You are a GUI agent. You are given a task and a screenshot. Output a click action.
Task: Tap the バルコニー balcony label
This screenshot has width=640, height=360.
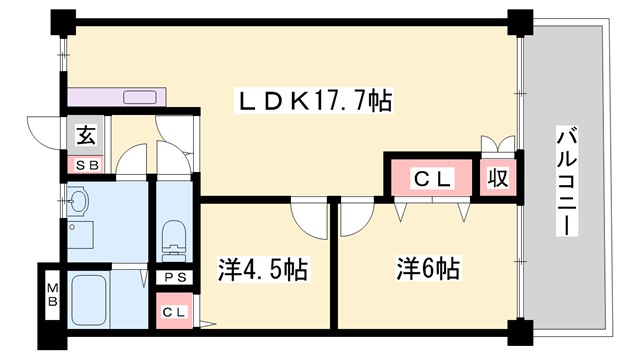pyautogui.click(x=566, y=181)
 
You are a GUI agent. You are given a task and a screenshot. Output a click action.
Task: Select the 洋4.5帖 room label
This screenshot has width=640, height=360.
pyautogui.click(x=262, y=269)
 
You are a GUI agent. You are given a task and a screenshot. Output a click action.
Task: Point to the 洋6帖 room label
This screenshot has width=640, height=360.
pyautogui.click(x=427, y=269)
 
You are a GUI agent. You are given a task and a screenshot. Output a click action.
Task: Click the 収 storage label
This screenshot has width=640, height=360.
pyautogui.click(x=498, y=178)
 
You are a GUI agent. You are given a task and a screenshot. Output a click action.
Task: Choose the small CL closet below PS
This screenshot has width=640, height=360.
pyautogui.click(x=174, y=312)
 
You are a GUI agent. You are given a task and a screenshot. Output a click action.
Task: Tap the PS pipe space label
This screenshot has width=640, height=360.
pyautogui.click(x=174, y=277)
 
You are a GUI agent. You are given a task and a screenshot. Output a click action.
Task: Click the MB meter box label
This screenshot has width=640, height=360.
pyautogui.click(x=51, y=297)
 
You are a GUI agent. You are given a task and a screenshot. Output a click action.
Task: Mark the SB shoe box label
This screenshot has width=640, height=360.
pyautogui.click(x=87, y=164)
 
